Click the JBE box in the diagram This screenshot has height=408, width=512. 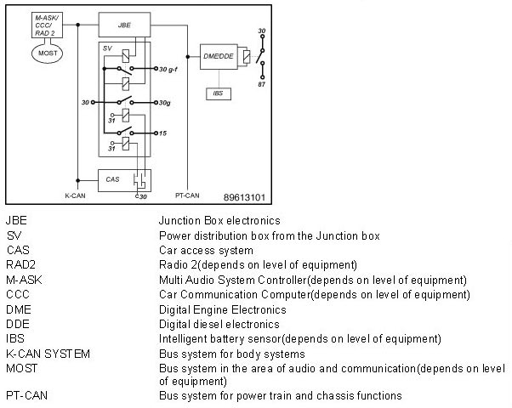[x=124, y=25]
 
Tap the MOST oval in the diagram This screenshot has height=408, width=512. [x=44, y=52]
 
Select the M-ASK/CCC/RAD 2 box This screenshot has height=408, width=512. [x=44, y=25]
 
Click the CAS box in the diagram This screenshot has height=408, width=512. [x=114, y=180]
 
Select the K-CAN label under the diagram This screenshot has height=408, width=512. [x=77, y=195]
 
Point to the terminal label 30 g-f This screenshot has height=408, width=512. [x=168, y=69]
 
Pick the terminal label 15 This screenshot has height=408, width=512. [x=162, y=133]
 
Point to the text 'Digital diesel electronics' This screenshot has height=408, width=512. [x=219, y=324]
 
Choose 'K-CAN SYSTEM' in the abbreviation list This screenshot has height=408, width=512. [x=48, y=353]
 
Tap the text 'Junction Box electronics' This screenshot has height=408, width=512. [x=220, y=220]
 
